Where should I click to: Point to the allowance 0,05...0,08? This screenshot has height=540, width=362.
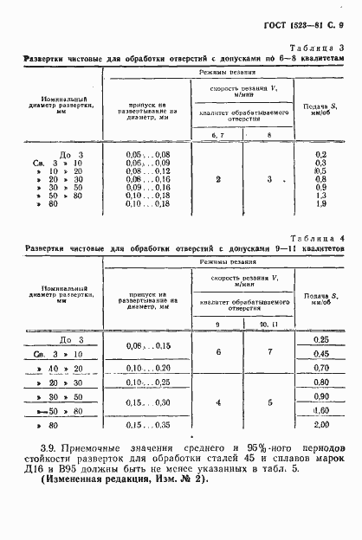[147, 153]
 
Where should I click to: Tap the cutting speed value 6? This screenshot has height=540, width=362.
[218, 352]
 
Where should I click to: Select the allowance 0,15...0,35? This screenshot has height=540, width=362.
[147, 426]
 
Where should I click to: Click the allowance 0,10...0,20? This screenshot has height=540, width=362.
[147, 367]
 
